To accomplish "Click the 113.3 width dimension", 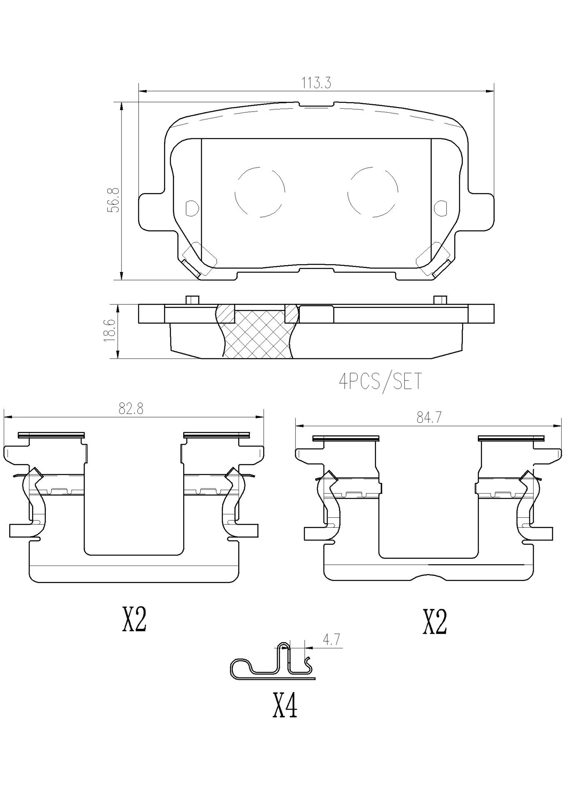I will coord(316,83).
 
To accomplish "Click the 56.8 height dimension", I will coord(113,200).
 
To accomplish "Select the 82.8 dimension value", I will coord(131,409).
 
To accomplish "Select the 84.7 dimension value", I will coord(429,417).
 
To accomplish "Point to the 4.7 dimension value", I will coord(332,640).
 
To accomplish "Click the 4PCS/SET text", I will coord(380,381).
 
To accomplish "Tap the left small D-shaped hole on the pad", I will coord(192,208).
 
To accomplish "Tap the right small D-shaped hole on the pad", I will coord(440,208).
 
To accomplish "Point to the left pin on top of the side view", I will coord(192,300).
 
